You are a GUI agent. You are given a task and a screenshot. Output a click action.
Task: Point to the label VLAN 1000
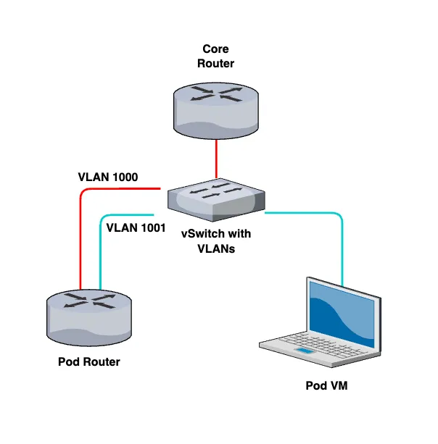107,176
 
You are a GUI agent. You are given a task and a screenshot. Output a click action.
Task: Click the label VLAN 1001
136,227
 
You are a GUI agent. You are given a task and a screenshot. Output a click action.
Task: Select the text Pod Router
88,361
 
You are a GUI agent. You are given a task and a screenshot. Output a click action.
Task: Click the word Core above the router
216,50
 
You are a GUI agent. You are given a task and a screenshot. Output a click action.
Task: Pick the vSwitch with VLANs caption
215,240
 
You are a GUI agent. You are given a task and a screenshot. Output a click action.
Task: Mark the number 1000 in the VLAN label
123,176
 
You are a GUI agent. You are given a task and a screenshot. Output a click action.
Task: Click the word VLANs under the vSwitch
215,247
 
